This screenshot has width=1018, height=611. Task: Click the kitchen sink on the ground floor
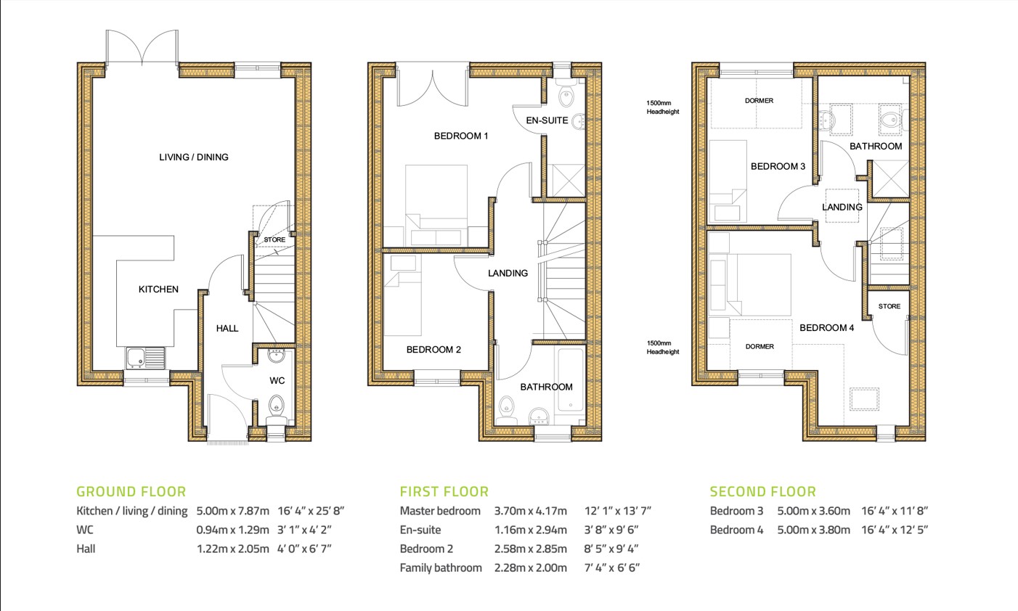point(144,358)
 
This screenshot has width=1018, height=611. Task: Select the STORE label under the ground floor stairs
point(274,239)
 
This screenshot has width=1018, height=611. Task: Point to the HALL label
point(227,328)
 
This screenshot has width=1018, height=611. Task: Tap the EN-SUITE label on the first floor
point(547,120)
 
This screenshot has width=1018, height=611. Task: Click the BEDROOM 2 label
point(433,350)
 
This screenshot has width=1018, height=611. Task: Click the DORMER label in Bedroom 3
point(759,101)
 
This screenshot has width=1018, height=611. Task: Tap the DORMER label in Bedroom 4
point(760,347)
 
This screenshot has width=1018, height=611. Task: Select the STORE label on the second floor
point(889,306)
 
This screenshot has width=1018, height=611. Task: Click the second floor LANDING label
point(842,207)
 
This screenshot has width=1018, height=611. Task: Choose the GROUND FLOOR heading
point(131,491)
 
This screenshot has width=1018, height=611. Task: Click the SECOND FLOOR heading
point(762,491)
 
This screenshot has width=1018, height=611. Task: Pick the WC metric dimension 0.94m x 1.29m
point(232,530)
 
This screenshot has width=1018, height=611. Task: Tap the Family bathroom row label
point(440,567)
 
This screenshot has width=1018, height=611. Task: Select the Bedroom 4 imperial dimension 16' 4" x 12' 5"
point(894,530)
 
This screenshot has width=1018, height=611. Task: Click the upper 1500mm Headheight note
point(663,107)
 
